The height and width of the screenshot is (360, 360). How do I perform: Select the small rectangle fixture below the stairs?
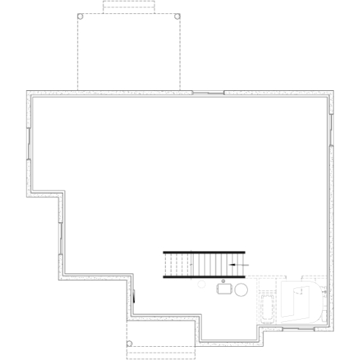[223, 290]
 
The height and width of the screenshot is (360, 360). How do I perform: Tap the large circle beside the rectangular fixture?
[240, 290]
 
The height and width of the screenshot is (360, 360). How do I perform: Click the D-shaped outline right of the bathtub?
[302, 301]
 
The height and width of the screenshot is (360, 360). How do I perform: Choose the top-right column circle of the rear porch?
[177, 15]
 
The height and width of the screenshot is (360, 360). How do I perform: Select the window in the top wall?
[207, 92]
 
